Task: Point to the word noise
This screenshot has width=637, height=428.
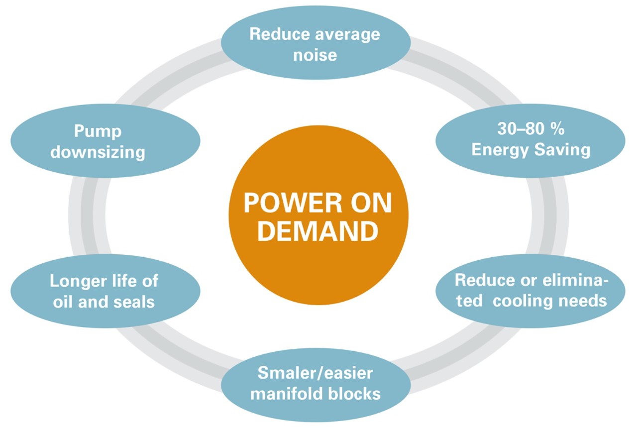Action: tap(315, 54)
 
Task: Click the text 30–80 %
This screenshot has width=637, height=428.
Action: tap(531, 129)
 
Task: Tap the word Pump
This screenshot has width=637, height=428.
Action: tap(98, 131)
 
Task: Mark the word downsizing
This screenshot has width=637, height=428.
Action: tap(98, 152)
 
